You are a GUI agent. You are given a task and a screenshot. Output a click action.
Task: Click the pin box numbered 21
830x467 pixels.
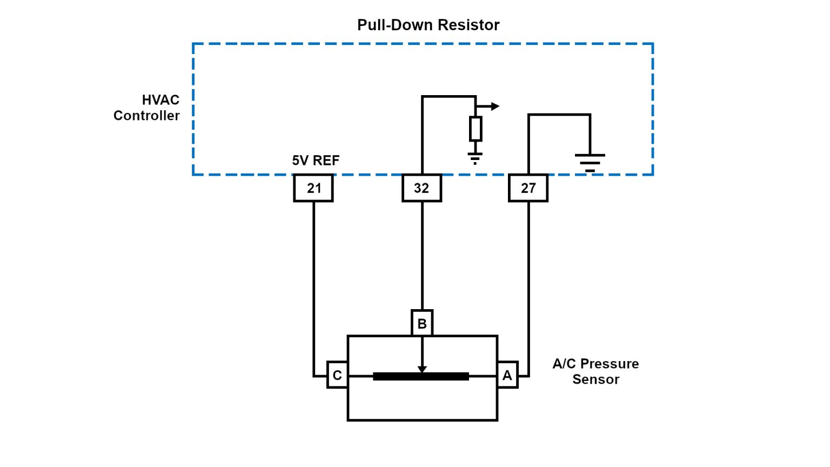[x=313, y=188]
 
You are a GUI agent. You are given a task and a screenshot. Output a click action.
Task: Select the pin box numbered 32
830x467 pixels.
[x=421, y=188]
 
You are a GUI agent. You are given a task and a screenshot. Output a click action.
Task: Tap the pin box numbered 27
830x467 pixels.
[x=528, y=188]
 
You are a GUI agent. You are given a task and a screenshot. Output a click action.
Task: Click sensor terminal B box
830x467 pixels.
[x=422, y=323]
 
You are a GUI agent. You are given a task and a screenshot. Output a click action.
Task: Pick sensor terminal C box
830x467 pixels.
[x=337, y=375]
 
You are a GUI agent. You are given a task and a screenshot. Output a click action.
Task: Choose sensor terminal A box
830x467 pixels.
[x=507, y=375]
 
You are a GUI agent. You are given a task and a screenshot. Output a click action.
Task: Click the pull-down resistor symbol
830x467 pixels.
[x=476, y=129]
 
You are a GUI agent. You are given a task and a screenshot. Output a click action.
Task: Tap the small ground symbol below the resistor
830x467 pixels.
[x=475, y=158]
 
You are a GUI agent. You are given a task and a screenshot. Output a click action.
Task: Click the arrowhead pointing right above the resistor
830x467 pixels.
[x=495, y=106]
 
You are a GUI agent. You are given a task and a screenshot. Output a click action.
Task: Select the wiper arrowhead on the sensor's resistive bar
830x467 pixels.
[x=422, y=369]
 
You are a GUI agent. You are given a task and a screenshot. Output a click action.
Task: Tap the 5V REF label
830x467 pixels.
[x=316, y=161]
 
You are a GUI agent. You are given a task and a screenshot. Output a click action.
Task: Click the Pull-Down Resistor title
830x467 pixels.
[x=428, y=25]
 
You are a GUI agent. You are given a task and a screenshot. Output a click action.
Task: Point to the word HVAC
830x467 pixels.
[x=160, y=100]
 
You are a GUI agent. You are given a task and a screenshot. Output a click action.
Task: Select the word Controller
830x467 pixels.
[x=146, y=116]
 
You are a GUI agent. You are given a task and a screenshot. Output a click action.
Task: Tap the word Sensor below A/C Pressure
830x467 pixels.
[x=595, y=379]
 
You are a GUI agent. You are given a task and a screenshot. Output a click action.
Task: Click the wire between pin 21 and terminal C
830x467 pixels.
[x=313, y=281]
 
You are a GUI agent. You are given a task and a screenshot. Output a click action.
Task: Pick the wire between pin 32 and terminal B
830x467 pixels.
[x=422, y=254]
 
